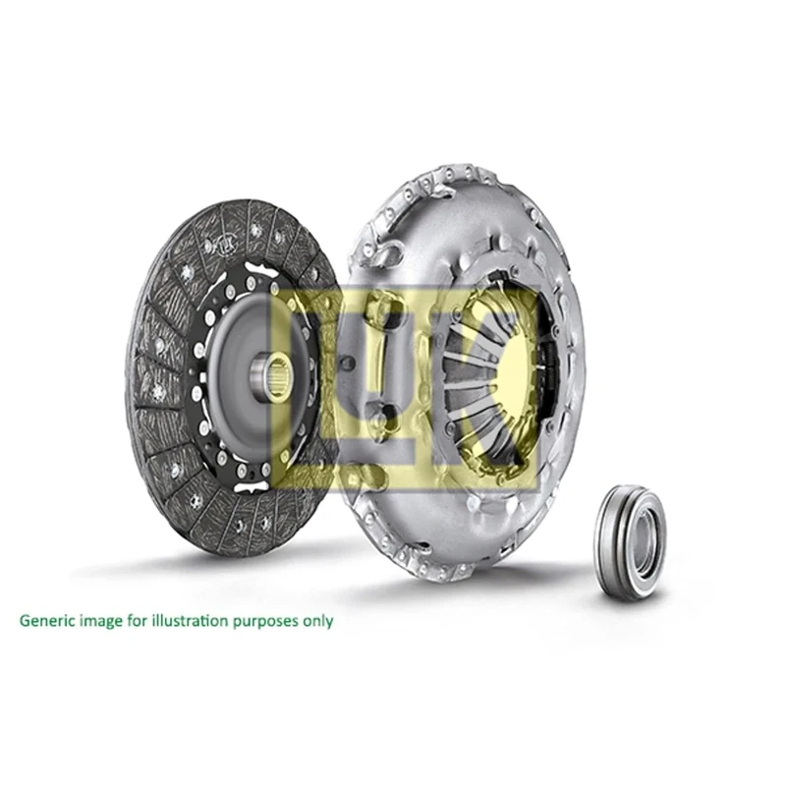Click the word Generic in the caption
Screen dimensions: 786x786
tap(46, 621)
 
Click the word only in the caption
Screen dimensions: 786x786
tap(318, 621)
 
